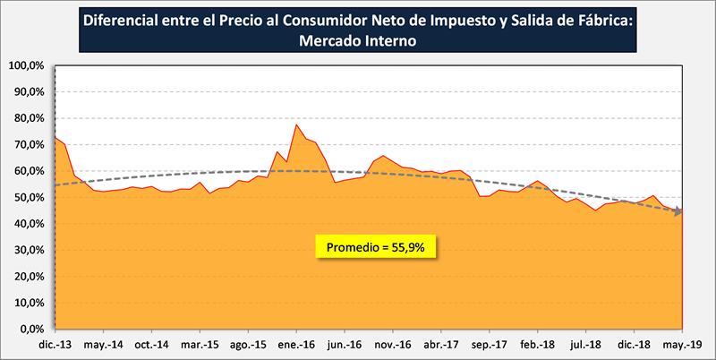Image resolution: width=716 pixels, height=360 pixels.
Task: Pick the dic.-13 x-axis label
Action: [55, 344]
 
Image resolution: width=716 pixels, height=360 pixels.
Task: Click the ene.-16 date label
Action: [295, 344]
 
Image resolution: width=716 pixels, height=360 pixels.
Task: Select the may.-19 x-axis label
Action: [681, 344]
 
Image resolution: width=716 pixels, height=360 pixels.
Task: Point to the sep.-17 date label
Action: [489, 344]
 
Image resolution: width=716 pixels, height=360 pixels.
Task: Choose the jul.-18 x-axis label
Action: [585, 344]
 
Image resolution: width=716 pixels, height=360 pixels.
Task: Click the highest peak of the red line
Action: [296, 124]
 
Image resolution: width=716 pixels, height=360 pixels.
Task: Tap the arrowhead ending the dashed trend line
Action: [679, 212]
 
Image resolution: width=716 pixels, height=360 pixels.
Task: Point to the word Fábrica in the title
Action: [603, 20]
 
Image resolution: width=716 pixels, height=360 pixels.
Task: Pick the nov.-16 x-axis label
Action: [392, 344]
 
